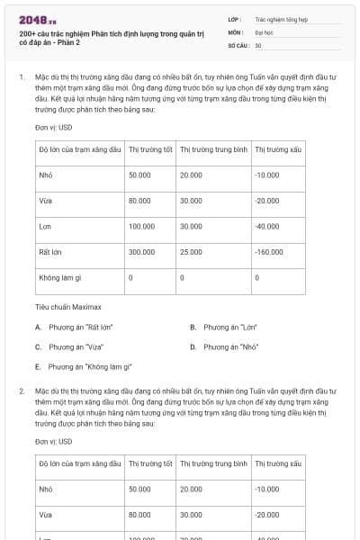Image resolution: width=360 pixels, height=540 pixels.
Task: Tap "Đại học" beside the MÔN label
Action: [265, 31]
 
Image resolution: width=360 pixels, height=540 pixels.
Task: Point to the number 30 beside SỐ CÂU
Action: [258, 45]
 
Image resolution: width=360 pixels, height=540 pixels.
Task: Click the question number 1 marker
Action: [21, 77]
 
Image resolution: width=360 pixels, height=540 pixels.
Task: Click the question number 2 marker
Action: [21, 392]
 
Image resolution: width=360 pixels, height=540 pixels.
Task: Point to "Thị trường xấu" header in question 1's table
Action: [276, 148]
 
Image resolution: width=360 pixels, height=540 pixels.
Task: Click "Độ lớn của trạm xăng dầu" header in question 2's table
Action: [79, 463]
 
